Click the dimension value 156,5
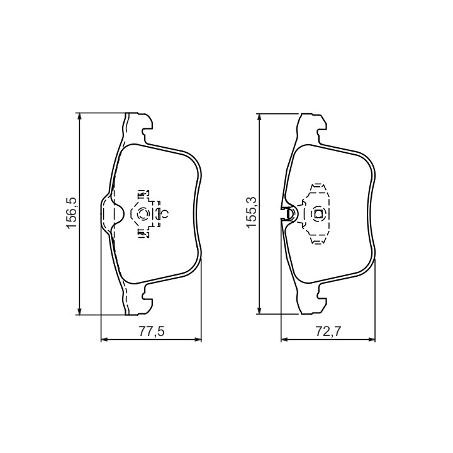pyautogui.click(x=71, y=213)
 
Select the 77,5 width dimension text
pyautogui.click(x=152, y=332)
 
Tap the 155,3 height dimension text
pyautogui.click(x=252, y=213)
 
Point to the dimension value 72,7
pyautogui.click(x=328, y=332)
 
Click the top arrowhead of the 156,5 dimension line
pyautogui.click(x=80, y=116)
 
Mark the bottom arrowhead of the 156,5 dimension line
pyautogui.click(x=80, y=311)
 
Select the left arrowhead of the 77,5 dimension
pyautogui.click(x=104, y=340)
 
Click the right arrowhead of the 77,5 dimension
pyautogui.click(x=198, y=340)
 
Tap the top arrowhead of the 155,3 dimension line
pyautogui.click(x=260, y=117)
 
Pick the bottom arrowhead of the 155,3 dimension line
pyautogui.click(x=260, y=310)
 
